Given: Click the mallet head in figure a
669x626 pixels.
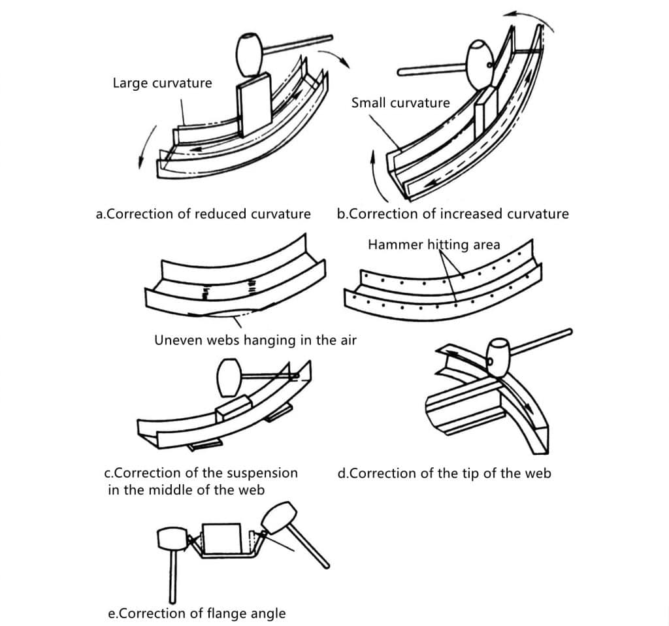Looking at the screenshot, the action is tap(250, 55).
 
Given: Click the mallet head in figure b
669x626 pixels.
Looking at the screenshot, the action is tap(480, 65).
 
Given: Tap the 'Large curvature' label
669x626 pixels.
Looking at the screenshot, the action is tap(162, 83).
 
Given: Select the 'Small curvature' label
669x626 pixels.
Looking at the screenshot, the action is tap(400, 103).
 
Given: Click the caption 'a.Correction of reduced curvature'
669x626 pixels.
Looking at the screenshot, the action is tap(203, 214).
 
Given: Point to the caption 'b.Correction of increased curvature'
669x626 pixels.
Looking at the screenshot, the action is tap(453, 214).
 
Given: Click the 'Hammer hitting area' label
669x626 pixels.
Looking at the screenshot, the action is tap(434, 245).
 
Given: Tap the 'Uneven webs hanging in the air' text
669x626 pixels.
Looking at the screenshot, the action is tap(255, 340).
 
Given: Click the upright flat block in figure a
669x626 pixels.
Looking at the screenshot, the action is tap(254, 105).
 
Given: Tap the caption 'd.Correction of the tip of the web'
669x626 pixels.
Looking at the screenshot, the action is tap(444, 473).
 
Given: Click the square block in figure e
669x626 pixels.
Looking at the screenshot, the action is tap(222, 538).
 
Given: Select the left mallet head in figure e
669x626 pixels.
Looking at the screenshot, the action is tap(172, 539).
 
